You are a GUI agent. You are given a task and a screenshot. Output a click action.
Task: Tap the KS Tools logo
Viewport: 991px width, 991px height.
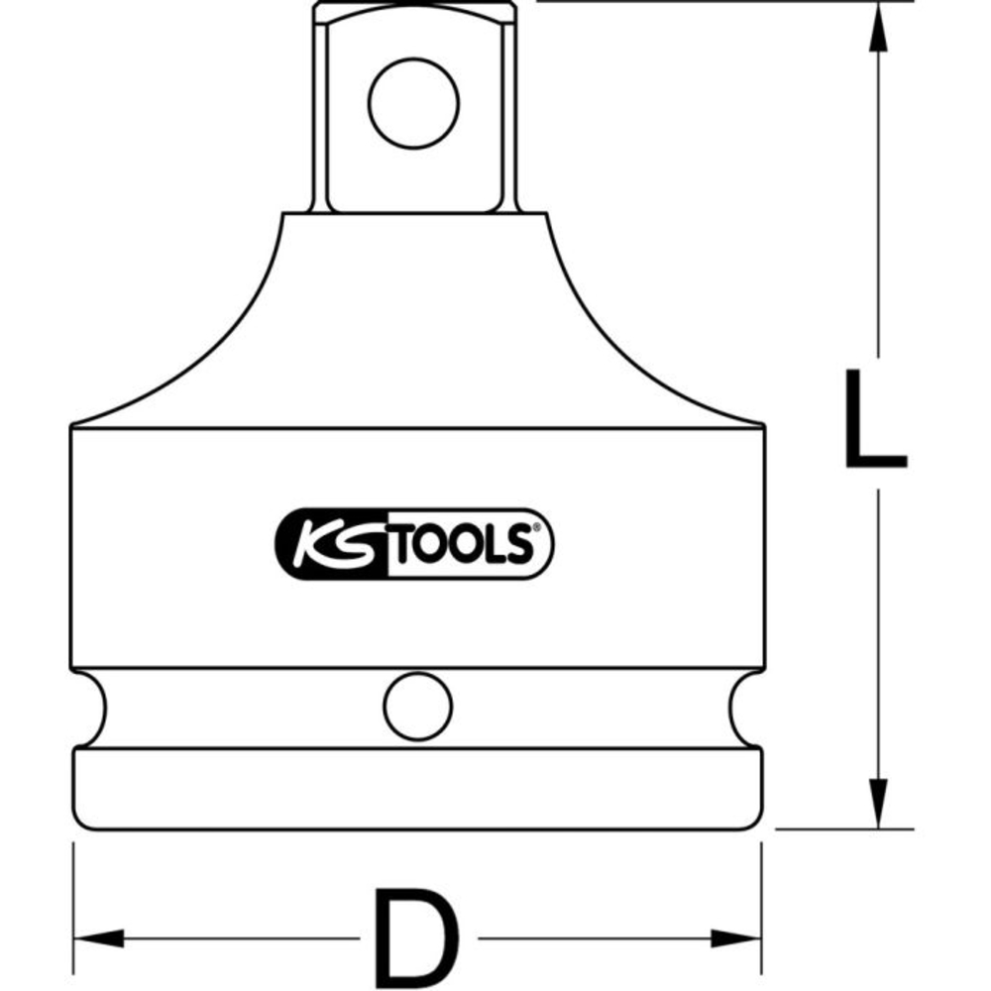[414, 544]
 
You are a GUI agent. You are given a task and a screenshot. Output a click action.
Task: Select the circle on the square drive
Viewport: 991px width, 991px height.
[414, 104]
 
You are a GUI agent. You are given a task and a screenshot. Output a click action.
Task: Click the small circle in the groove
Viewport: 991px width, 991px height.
[418, 707]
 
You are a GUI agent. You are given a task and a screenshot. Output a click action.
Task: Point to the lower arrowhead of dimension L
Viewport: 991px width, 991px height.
[878, 804]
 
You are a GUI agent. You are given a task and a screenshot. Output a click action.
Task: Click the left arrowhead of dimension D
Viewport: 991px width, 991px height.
[98, 937]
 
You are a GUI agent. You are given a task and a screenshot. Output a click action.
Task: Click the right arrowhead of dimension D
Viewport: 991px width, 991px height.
[735, 937]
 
